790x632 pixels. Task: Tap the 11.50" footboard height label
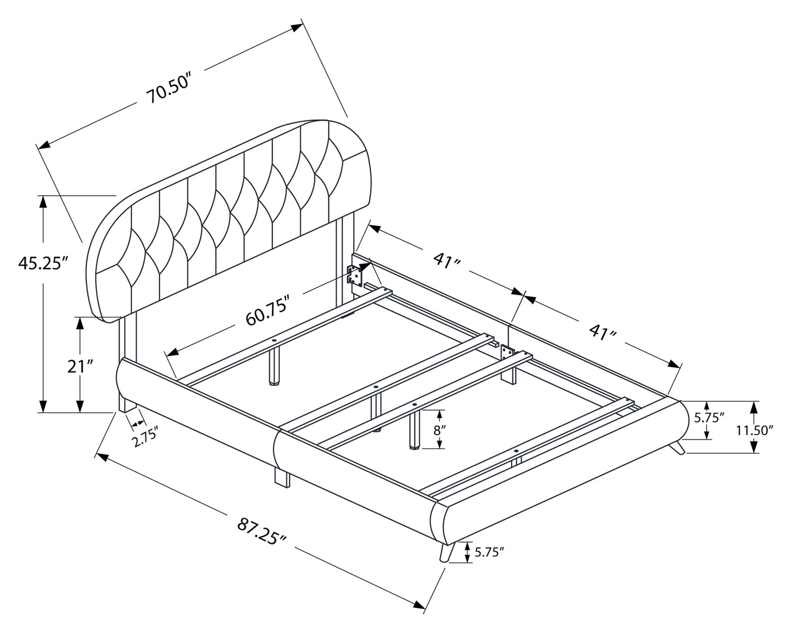coord(754,430)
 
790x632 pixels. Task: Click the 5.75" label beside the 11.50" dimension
coord(709,418)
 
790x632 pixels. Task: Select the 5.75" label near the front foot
coord(489,552)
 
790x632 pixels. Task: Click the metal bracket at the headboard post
coord(355,274)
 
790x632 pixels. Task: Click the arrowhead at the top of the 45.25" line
coord(42,201)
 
